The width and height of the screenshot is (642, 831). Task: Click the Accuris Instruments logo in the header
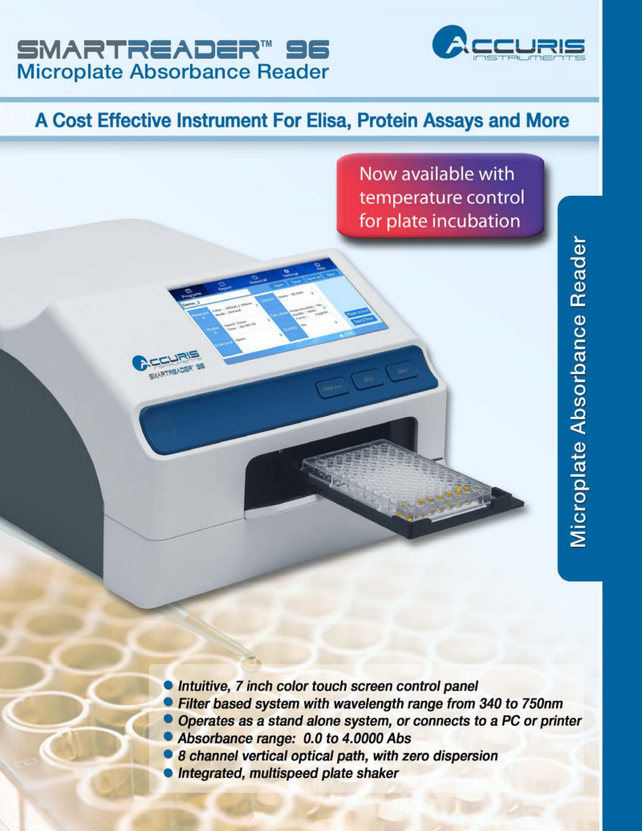point(508,44)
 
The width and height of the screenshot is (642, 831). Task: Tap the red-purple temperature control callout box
point(441,197)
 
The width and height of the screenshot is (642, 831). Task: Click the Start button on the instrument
point(401,372)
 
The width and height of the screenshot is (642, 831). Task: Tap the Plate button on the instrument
point(331,386)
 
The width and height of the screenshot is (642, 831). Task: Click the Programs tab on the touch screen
point(192,294)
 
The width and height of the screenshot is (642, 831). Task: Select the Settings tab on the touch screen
point(286,273)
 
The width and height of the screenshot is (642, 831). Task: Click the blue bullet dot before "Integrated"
point(169,773)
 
